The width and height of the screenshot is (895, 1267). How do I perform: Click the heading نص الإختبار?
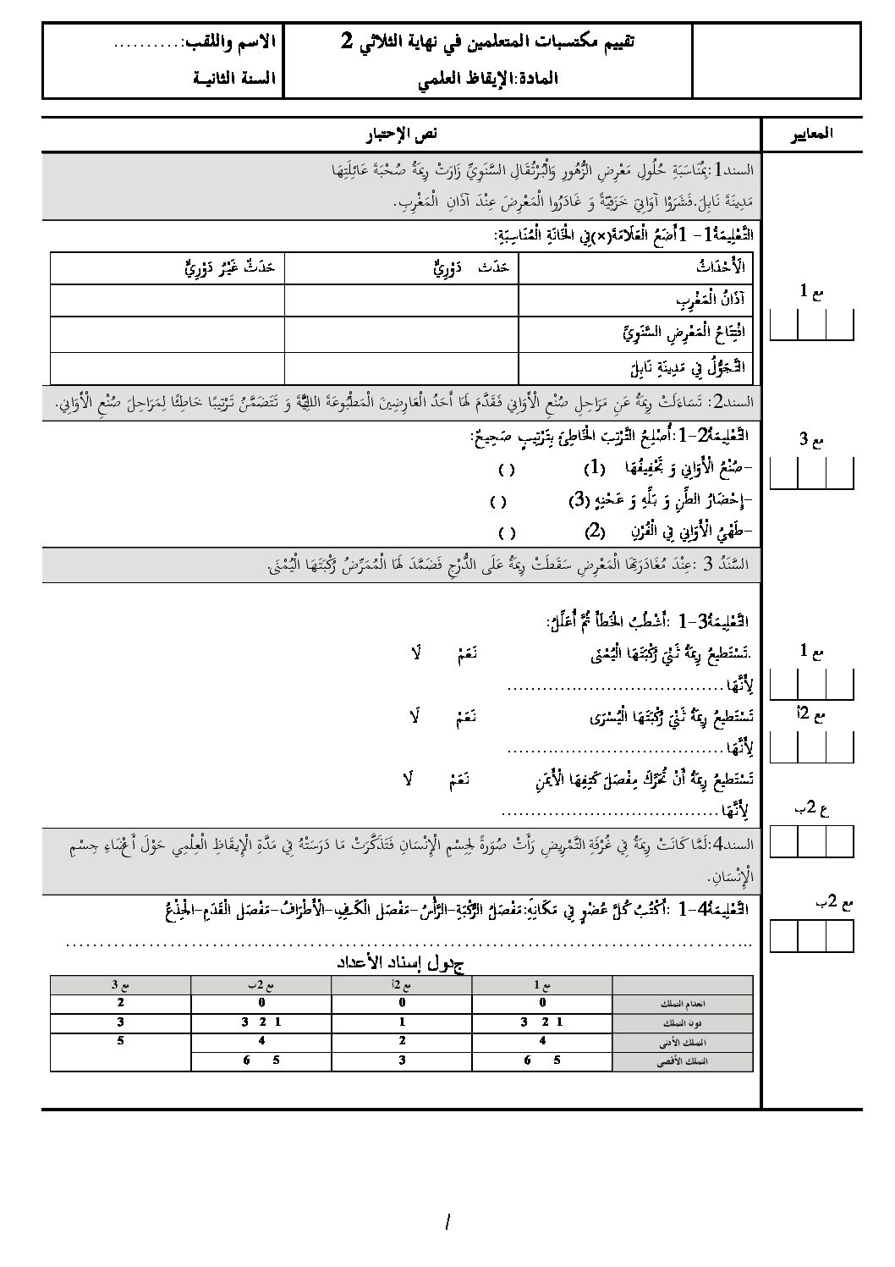(x=402, y=135)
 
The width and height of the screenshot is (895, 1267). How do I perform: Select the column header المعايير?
(x=810, y=134)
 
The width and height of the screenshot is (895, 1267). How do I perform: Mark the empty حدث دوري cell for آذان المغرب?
(x=401, y=300)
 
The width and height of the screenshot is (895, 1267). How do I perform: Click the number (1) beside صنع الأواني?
(x=596, y=467)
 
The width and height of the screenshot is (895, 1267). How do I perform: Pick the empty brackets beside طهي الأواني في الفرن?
(x=507, y=533)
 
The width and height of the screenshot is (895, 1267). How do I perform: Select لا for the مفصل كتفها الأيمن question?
(x=408, y=779)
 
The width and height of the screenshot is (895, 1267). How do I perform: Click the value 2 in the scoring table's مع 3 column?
(x=120, y=1002)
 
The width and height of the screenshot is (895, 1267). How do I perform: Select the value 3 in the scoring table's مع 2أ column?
(x=402, y=1060)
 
